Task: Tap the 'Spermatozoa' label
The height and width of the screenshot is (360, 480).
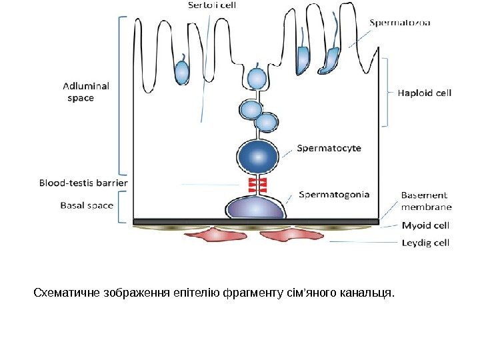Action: point(400,23)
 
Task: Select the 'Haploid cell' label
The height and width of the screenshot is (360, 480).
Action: point(425,93)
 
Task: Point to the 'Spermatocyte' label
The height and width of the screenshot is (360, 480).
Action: point(329,148)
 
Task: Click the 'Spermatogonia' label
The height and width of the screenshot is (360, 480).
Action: point(334,195)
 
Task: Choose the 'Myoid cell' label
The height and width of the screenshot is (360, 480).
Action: point(425,225)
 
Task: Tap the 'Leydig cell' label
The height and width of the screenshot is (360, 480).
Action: point(425,243)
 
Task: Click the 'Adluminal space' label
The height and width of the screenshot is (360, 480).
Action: point(86,91)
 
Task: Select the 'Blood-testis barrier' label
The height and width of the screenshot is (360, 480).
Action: point(83,181)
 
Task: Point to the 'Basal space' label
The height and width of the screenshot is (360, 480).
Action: point(87,205)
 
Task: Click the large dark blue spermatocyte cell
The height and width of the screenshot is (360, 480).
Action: point(257,155)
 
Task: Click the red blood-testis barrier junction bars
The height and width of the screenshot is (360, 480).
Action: point(257,185)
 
